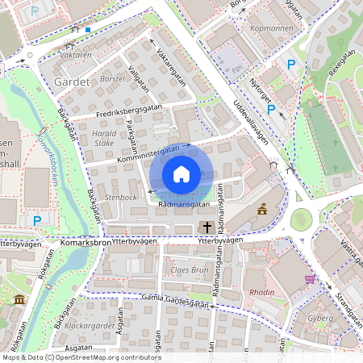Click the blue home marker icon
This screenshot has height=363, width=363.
coord(181,174)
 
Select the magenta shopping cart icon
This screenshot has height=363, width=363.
coord(310,279)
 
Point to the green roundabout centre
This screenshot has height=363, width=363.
coord(302,219)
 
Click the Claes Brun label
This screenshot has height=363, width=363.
coord(189,269)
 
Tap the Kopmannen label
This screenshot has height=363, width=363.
coord(273,27)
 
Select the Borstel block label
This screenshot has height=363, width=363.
coord(112,79)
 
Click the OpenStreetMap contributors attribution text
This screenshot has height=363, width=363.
coord(70,357)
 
